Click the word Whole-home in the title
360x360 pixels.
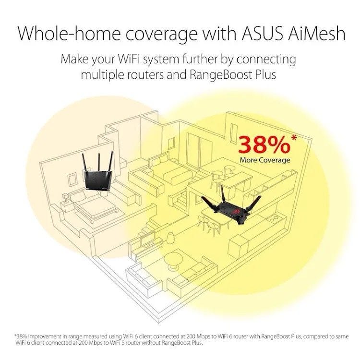click(69, 34)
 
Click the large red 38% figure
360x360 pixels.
click(264, 145)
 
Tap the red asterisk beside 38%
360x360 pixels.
click(294, 138)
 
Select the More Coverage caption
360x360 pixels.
click(264, 160)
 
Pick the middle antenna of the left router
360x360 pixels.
click(99, 163)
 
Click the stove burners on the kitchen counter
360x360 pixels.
click(274, 219)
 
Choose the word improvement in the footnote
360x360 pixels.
click(44, 336)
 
